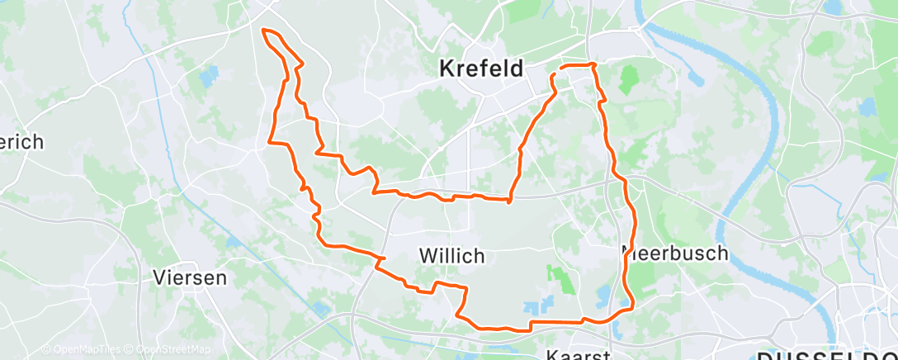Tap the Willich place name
[x=451, y=257]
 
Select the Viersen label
[x=190, y=277]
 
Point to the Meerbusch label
[x=675, y=253]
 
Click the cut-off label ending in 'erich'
[x=21, y=142]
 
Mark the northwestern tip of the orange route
[x=264, y=31]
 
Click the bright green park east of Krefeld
[x=629, y=79]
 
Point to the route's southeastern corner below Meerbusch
[x=631, y=308]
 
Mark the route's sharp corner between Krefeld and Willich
[x=510, y=200]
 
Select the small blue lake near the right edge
[x=867, y=107]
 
